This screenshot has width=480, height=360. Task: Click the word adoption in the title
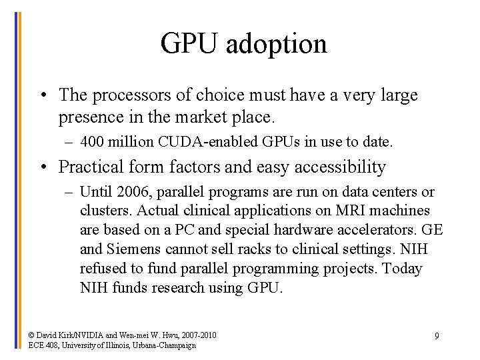click(276, 44)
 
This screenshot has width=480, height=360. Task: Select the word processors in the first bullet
click(124, 95)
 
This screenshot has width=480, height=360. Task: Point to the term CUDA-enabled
click(183, 141)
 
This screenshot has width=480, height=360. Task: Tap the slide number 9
click(437, 336)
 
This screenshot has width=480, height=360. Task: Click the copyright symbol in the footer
click(32, 335)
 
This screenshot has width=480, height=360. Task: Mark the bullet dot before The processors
click(42, 95)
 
